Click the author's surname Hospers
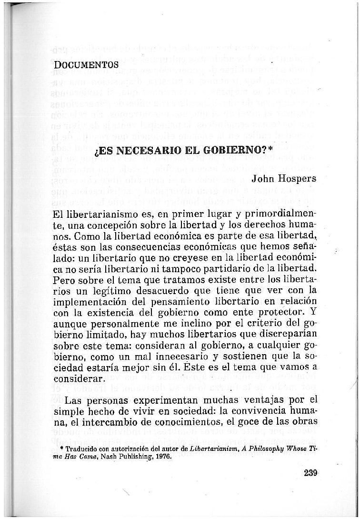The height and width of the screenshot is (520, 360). click(x=299, y=179)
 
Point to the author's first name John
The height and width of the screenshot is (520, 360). click(x=263, y=179)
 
